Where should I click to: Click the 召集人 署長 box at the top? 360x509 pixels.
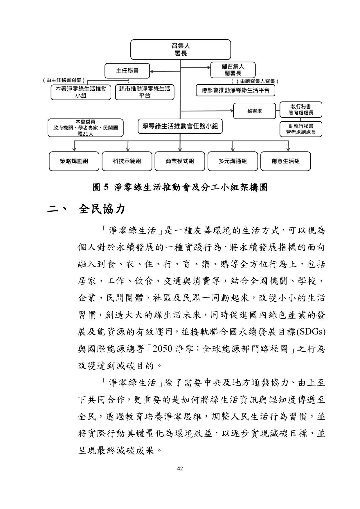(180, 50)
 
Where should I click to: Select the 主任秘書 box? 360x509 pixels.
(127, 71)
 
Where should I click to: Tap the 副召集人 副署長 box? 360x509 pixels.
(233, 70)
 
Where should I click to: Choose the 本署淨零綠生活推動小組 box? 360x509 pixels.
(81, 92)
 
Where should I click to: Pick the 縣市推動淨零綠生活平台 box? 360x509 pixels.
(145, 92)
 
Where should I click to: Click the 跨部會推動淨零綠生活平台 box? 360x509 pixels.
(235, 90)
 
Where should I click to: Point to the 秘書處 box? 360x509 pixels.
(254, 111)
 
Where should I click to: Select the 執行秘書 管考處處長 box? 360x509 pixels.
(301, 109)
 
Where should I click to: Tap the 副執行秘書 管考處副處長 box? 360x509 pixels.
(301, 129)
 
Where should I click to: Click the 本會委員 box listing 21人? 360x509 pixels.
(85, 128)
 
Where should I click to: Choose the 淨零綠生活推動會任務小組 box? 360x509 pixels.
(180, 126)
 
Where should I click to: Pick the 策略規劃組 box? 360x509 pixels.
(74, 161)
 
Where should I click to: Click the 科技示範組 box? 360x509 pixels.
(127, 161)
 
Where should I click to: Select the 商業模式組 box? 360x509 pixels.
(180, 161)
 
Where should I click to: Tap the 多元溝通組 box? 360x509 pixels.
(233, 161)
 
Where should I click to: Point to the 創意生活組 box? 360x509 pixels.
(285, 161)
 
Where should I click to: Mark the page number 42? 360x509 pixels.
(180, 468)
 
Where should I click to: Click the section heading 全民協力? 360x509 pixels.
(102, 209)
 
